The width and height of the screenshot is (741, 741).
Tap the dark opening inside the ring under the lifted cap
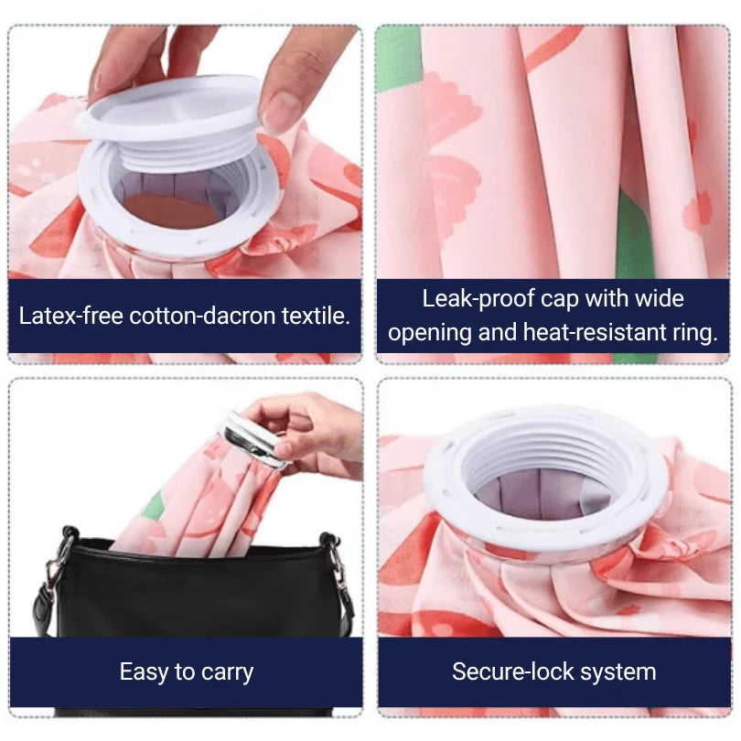tap(174, 209)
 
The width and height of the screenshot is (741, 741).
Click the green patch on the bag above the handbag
tap(155, 504)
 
